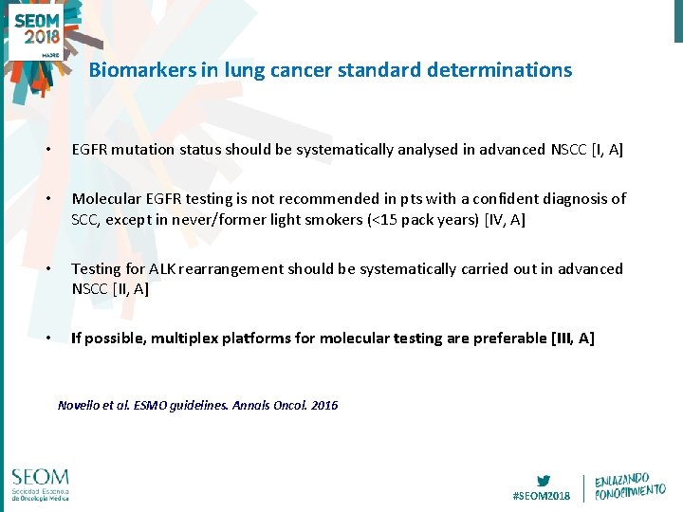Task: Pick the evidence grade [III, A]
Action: [x=572, y=338]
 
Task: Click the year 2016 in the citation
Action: [x=323, y=405]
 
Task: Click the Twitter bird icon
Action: [x=543, y=481]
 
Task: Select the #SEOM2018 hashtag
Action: [x=542, y=495]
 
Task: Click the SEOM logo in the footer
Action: [x=41, y=483]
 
